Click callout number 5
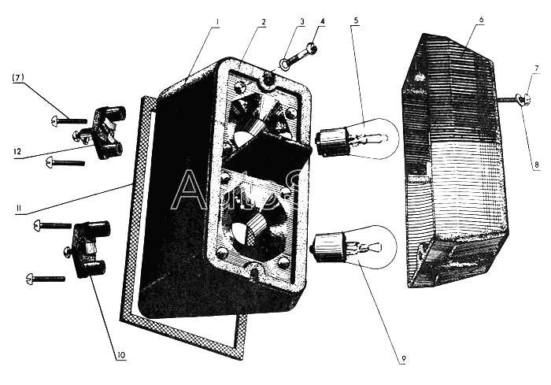(x=356, y=19)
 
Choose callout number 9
(x=403, y=361)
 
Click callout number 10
(x=121, y=354)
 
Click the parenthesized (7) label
(x=19, y=76)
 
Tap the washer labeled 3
(x=284, y=63)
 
